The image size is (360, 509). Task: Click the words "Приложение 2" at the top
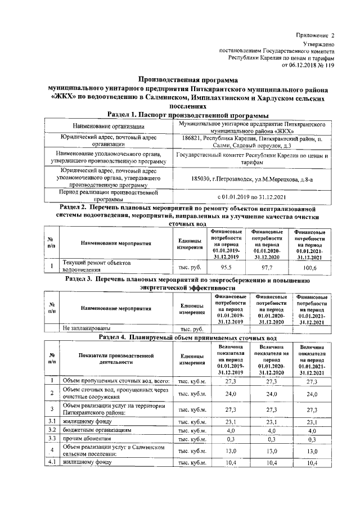[316, 35]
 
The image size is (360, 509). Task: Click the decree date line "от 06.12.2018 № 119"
[308, 65]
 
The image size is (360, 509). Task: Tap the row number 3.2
[51, 429]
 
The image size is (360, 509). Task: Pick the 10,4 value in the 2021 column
[312, 462]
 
